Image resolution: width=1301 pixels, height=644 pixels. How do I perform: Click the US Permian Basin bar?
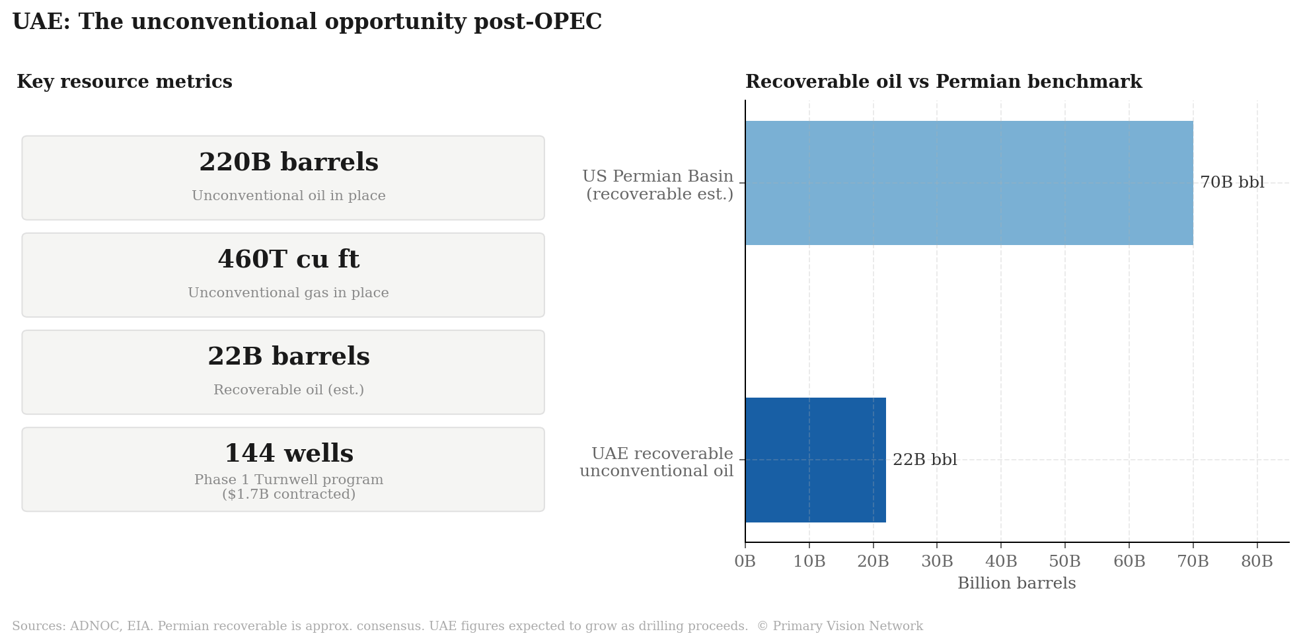pyautogui.click(x=969, y=183)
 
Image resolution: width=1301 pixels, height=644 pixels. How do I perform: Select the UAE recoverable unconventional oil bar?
pyautogui.click(x=815, y=460)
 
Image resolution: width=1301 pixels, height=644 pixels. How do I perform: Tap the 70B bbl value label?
pyautogui.click(x=1232, y=183)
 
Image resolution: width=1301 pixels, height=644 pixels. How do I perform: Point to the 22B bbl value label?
pyautogui.click(x=924, y=460)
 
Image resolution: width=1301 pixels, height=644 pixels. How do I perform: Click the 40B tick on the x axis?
pyautogui.click(x=1001, y=561)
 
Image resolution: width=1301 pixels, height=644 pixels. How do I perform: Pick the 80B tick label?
pyautogui.click(x=1257, y=561)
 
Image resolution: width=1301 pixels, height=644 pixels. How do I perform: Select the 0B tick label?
pyautogui.click(x=745, y=561)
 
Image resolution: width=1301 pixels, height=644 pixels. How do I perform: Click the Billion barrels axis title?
pyautogui.click(x=1016, y=583)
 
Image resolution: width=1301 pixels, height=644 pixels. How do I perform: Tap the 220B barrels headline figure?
pyautogui.click(x=289, y=162)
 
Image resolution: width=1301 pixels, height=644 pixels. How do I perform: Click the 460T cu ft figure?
pyautogui.click(x=289, y=260)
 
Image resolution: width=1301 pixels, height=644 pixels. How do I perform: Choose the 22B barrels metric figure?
pyautogui.click(x=289, y=357)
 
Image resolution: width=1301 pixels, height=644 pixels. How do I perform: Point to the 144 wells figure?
pyautogui.click(x=289, y=454)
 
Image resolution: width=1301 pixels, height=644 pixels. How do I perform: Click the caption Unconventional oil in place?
pyautogui.click(x=289, y=196)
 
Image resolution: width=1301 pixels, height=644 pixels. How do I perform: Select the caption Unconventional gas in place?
pyautogui.click(x=289, y=293)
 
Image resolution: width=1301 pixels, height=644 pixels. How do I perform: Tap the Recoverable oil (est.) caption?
pyautogui.click(x=289, y=390)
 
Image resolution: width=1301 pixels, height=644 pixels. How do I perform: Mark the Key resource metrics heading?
pyautogui.click(x=124, y=82)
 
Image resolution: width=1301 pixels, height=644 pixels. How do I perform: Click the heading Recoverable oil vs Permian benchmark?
pyautogui.click(x=944, y=82)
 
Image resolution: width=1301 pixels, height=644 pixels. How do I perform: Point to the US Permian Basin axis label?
pyautogui.click(x=659, y=186)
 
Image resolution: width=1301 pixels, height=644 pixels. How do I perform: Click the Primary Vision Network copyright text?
pyautogui.click(x=839, y=626)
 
